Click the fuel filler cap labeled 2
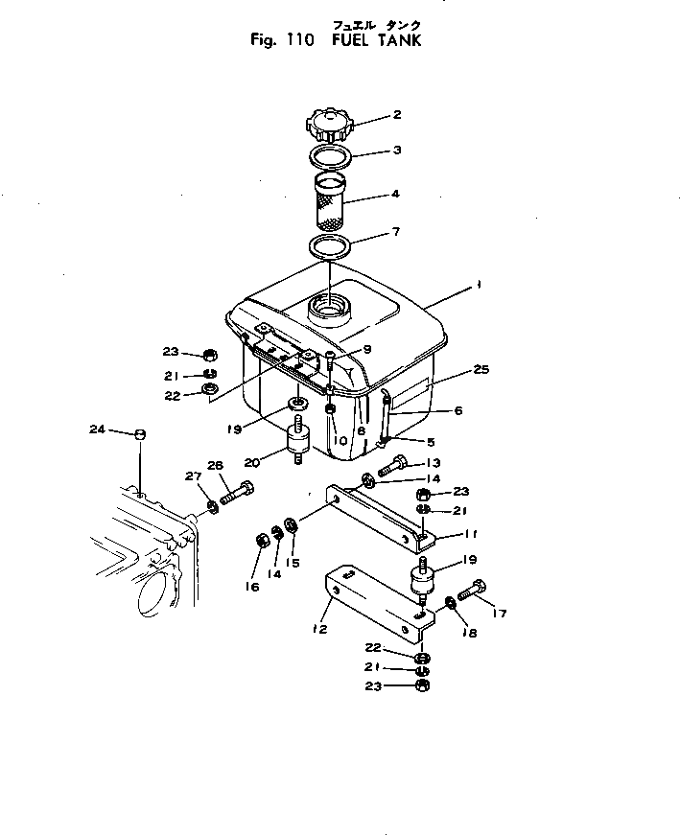tap(331, 126)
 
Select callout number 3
tap(396, 151)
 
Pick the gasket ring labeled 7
tap(328, 245)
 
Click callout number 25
tap(481, 369)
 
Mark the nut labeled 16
tap(260, 543)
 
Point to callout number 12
tap(319, 630)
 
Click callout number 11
tap(469, 535)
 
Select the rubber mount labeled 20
tap(296, 444)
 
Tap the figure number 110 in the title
tap(287, 41)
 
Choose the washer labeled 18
tap(451, 603)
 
